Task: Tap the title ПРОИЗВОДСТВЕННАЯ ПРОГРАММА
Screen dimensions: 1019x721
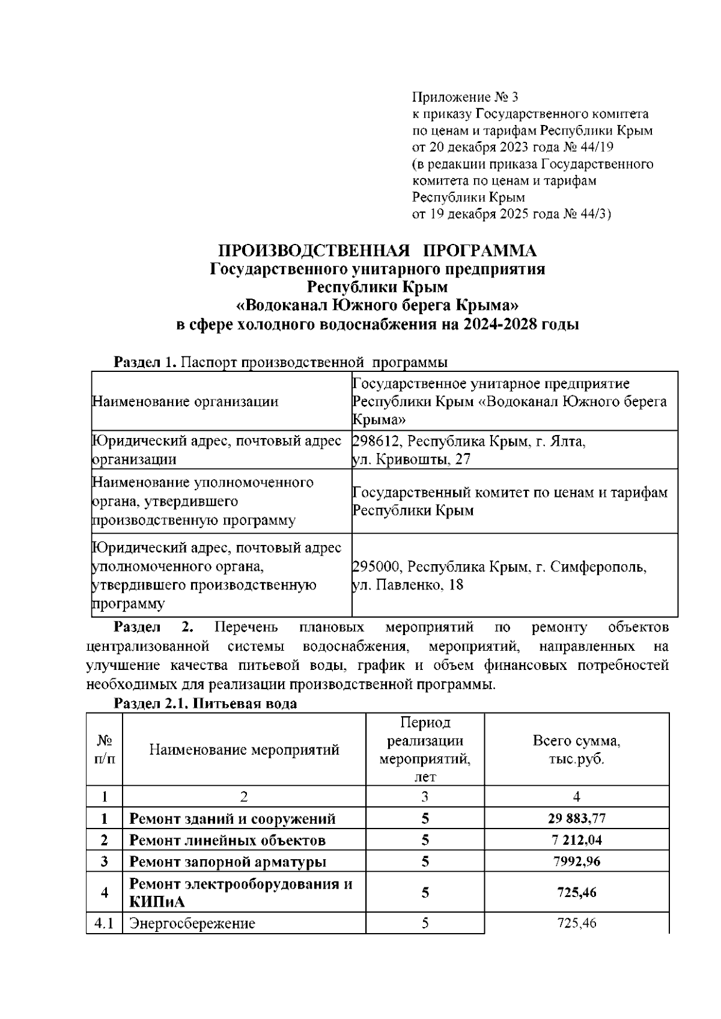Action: coord(377,251)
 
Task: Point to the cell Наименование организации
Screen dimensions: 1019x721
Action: coord(185,401)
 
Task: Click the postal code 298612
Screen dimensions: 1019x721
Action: coord(376,442)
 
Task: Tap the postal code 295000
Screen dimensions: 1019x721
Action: coord(376,567)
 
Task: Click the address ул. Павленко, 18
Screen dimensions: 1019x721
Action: coord(407,585)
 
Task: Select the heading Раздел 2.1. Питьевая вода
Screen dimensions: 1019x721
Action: coord(205,704)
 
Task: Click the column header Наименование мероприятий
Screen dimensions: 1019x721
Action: coord(244,749)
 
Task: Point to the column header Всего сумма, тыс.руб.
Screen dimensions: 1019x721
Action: coord(576,749)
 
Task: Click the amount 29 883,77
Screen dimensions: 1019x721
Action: coord(576,818)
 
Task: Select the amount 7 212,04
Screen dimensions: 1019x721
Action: coord(576,840)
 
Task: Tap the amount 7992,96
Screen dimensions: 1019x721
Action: coord(576,862)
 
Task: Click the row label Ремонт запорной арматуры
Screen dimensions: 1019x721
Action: coord(228,862)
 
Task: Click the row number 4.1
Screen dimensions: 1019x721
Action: coord(104,923)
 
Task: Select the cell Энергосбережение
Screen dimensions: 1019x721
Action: coord(192,923)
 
